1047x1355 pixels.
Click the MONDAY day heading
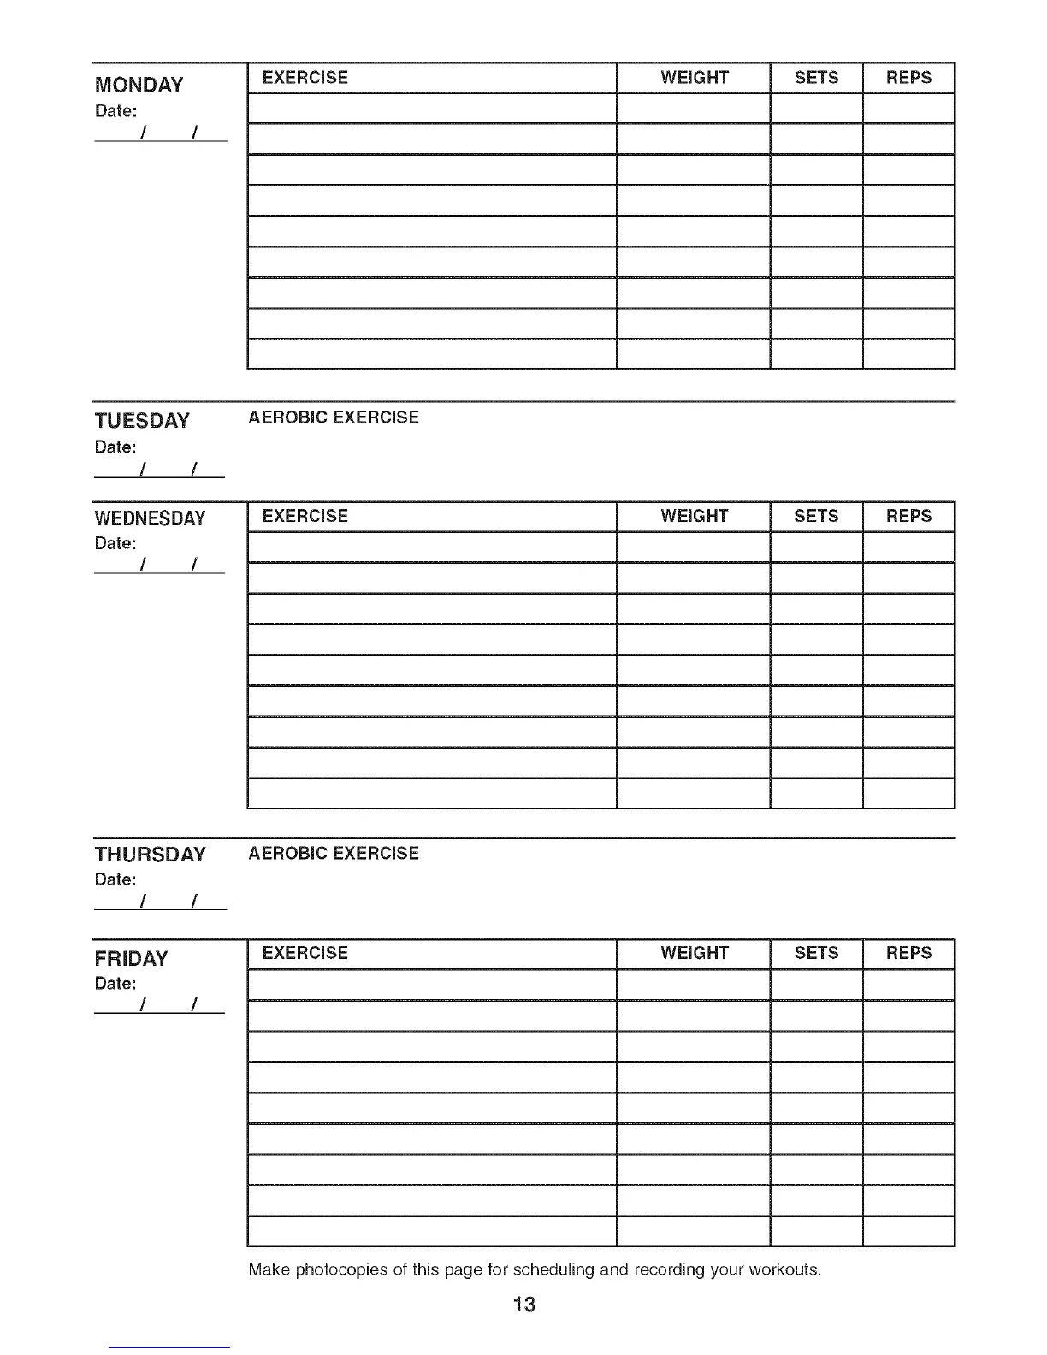[x=139, y=85]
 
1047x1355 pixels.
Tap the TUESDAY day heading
[x=142, y=421]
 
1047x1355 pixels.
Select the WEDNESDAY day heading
[x=150, y=518]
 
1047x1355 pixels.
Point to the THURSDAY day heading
[x=150, y=855]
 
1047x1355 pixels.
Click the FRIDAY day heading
[x=131, y=958]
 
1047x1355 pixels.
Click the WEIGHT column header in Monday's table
[x=694, y=78]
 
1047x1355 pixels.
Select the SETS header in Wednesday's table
[x=816, y=516]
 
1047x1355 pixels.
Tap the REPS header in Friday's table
[x=908, y=953]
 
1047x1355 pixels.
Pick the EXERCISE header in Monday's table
[x=305, y=78]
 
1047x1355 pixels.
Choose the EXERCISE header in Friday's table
[x=305, y=953]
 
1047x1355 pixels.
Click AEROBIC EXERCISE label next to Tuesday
[x=334, y=417]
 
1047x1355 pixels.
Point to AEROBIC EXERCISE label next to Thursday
[x=334, y=854]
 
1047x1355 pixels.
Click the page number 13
[x=523, y=1305]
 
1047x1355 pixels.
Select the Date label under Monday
[x=115, y=111]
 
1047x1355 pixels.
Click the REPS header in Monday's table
[x=908, y=78]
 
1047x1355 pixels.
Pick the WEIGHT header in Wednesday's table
[x=694, y=516]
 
